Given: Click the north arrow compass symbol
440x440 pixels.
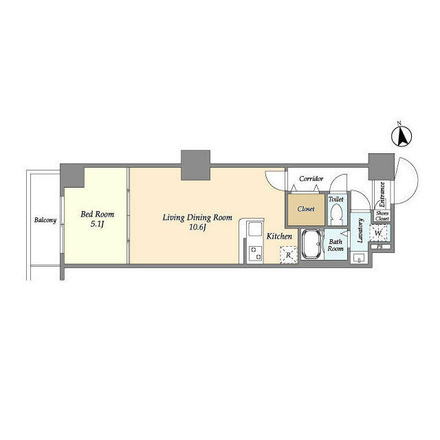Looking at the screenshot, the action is (x=401, y=136).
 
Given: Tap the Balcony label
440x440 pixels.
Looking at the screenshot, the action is (x=45, y=220).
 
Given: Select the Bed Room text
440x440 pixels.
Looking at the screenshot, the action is (x=98, y=214).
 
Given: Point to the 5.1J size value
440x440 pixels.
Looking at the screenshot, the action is (x=98, y=224).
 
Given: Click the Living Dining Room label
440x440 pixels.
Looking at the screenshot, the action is (x=197, y=217).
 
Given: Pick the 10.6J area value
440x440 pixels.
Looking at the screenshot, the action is (x=197, y=228).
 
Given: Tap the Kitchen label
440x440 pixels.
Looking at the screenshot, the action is (x=279, y=236).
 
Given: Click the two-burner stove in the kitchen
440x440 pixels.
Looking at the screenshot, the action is (x=256, y=253).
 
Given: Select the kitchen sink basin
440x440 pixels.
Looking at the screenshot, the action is (x=255, y=229).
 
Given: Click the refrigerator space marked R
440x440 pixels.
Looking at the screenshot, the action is (x=288, y=255).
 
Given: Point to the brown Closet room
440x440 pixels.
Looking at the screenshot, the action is (x=306, y=209).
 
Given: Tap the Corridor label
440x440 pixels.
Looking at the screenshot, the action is (x=311, y=179).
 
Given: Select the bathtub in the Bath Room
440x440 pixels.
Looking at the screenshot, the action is (x=312, y=245).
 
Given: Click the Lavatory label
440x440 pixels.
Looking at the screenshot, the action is (x=360, y=230).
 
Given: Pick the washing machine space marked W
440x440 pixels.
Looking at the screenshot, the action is (x=378, y=233).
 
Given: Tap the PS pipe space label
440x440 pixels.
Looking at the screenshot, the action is (x=380, y=247).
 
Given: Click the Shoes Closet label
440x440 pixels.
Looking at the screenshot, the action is (x=382, y=216).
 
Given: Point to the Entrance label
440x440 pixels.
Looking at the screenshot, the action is (x=382, y=195).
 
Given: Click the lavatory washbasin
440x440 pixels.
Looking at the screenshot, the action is (x=359, y=258).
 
